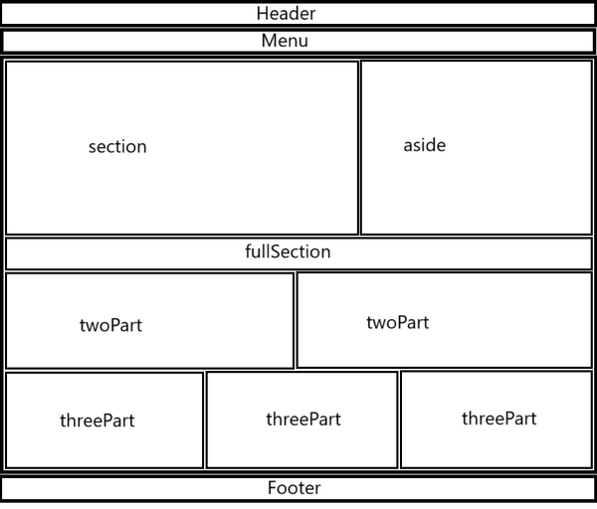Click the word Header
point(286,14)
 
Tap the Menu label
point(285,41)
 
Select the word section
point(117,147)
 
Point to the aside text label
point(425,145)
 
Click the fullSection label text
point(288,252)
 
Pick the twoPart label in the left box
point(110,325)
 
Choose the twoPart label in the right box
point(398,322)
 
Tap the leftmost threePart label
point(98,421)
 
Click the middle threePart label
point(303,420)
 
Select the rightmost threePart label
point(499,419)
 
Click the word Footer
point(295,488)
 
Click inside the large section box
point(229,190)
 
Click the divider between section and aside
point(359,147)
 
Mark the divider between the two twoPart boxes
point(296,320)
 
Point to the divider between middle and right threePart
point(399,420)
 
